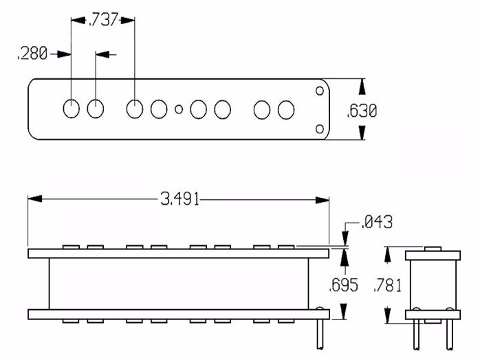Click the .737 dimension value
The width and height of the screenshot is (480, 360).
tap(102, 20)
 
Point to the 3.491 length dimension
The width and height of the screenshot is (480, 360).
tap(179, 199)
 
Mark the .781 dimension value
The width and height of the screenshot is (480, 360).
tap(387, 286)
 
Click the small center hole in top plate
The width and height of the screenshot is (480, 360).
tap(179, 109)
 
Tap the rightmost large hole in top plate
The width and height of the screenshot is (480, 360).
tap(286, 109)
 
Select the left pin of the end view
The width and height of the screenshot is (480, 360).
tap(417, 335)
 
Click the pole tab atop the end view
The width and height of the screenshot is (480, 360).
tap(433, 249)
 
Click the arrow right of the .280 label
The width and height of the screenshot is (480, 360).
tap(65, 54)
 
